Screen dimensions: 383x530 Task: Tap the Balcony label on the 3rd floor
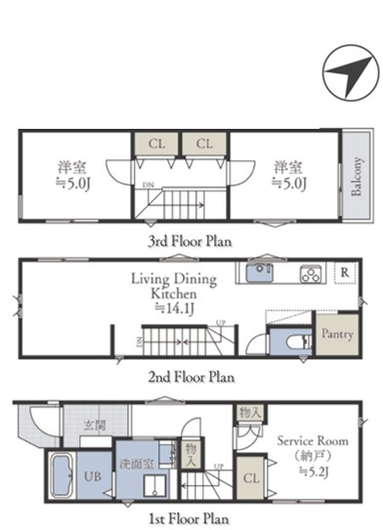pos(357,176)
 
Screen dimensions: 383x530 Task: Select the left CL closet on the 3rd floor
pos(156,143)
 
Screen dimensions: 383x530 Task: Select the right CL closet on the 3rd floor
pos(204,143)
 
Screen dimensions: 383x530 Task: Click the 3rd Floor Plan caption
pos(190,241)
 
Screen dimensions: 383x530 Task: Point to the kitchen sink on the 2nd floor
pos(260,272)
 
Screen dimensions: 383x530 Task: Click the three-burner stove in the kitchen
pos(311,273)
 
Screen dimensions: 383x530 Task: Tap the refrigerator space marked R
pos(345,272)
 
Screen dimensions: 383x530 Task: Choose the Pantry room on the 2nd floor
pos(337,334)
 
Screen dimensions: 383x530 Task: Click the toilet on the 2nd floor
pos(299,342)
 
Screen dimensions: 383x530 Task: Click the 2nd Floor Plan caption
pos(191,377)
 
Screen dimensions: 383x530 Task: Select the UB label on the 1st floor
pos(93,476)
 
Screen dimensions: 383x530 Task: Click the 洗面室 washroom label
pos(137,464)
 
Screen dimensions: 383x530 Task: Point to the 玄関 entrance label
pos(95,426)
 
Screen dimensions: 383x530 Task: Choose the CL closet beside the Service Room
pos(251,478)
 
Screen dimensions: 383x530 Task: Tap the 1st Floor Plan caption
pos(189,519)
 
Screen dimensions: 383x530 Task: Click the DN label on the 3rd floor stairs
pos(148,184)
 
